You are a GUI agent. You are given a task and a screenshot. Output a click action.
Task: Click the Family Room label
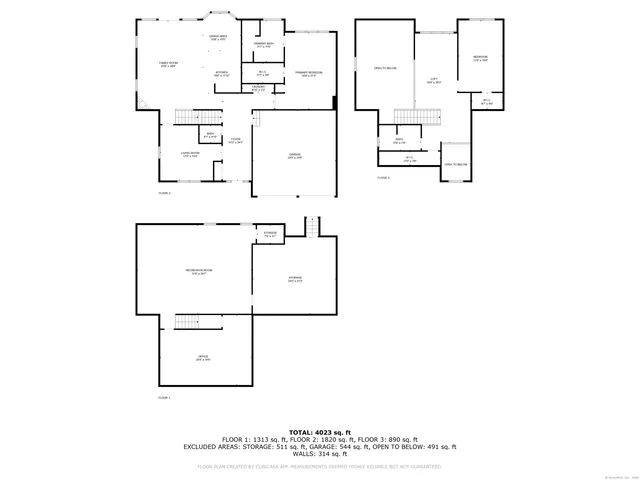(x=169, y=65)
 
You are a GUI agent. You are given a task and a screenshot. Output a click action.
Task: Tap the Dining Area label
(x=218, y=38)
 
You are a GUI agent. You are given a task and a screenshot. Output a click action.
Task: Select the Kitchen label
(x=222, y=73)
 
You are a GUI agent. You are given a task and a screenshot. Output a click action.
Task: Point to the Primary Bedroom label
(x=307, y=74)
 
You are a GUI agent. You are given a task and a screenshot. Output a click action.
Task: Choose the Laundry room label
(x=259, y=88)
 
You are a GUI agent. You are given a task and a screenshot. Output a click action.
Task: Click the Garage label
(x=295, y=156)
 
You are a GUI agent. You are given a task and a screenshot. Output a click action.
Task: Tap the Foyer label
(x=235, y=141)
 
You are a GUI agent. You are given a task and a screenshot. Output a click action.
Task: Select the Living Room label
(x=190, y=155)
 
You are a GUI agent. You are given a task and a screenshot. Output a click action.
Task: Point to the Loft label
(x=435, y=82)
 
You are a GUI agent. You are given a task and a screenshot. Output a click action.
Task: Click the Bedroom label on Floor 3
(x=480, y=58)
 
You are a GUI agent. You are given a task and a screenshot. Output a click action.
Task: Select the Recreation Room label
(x=196, y=272)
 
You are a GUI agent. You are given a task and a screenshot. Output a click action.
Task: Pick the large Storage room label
(x=295, y=278)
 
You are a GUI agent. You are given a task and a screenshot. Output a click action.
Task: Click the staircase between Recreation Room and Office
(x=190, y=321)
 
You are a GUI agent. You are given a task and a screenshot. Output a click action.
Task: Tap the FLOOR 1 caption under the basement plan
(x=164, y=398)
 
